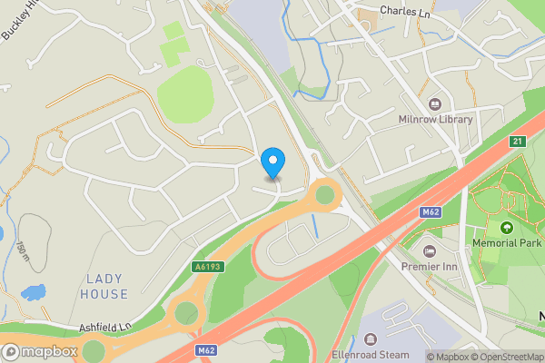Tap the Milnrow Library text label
pyautogui.click(x=435, y=120)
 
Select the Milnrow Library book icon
pyautogui.click(x=434, y=103)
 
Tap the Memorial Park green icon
pyautogui.click(x=506, y=227)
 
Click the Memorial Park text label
pyautogui.click(x=506, y=243)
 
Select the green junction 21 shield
pyautogui.click(x=517, y=142)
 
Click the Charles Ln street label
pyautogui.click(x=404, y=12)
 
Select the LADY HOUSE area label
pyautogui.click(x=106, y=286)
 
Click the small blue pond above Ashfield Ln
pyautogui.click(x=34, y=292)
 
